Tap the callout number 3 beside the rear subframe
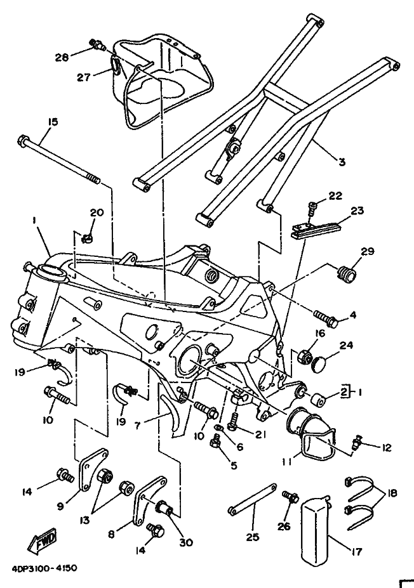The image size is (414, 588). pos(342,162)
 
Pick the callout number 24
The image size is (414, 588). pos(364,346)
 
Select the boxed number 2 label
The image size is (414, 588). pos(345,391)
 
